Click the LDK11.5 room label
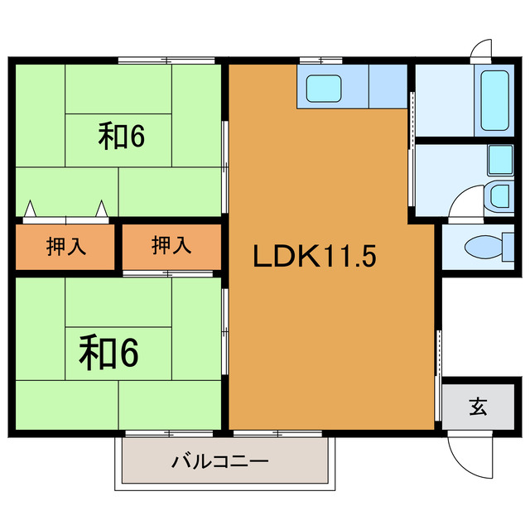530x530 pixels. [315, 257]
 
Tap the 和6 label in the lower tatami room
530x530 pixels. [108, 353]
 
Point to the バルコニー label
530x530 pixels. [220, 460]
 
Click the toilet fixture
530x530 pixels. [481, 247]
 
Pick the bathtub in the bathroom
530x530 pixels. [494, 101]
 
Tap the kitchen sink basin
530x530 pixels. [321, 88]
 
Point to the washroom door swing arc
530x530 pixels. [464, 200]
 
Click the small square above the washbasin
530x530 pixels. [499, 157]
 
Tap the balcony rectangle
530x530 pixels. [225, 461]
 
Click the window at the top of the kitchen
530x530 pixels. [321, 60]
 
